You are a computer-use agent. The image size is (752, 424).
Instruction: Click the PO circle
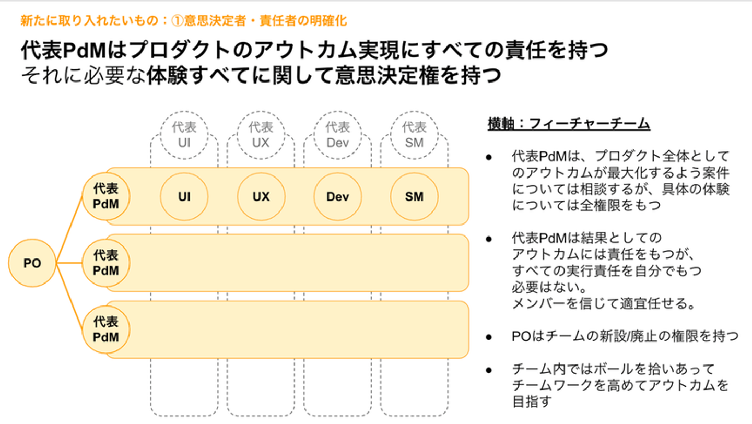click(x=32, y=263)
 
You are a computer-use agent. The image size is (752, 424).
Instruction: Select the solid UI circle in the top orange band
click(x=184, y=196)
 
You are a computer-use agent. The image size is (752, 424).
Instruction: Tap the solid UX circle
click(x=261, y=196)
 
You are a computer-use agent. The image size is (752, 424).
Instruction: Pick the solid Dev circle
click(x=338, y=196)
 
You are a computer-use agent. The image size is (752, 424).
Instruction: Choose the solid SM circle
click(x=414, y=196)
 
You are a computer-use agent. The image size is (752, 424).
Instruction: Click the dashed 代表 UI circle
click(x=184, y=135)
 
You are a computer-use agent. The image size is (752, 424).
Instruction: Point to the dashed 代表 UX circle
click(x=261, y=135)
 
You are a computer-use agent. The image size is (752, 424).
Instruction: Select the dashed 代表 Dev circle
click(x=338, y=135)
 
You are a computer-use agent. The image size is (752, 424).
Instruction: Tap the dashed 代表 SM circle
click(x=414, y=135)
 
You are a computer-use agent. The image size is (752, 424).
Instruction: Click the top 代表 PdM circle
click(x=105, y=196)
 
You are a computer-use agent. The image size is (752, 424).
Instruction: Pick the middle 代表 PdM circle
click(x=105, y=263)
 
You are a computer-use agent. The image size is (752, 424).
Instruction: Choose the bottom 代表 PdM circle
click(x=105, y=329)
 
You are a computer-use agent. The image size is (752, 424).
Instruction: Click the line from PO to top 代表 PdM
click(x=69, y=229)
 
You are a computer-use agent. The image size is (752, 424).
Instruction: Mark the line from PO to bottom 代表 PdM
click(x=69, y=296)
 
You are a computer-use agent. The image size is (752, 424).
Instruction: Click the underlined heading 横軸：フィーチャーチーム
click(x=569, y=124)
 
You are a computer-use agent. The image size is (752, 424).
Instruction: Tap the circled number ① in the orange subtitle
click(x=177, y=21)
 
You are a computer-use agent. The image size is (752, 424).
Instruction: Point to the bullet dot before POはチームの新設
click(x=489, y=337)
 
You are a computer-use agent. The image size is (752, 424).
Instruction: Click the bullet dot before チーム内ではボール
click(x=489, y=370)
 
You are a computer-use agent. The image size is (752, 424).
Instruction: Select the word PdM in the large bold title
click(x=84, y=50)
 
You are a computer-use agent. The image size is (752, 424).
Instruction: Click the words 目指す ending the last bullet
click(x=532, y=402)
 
